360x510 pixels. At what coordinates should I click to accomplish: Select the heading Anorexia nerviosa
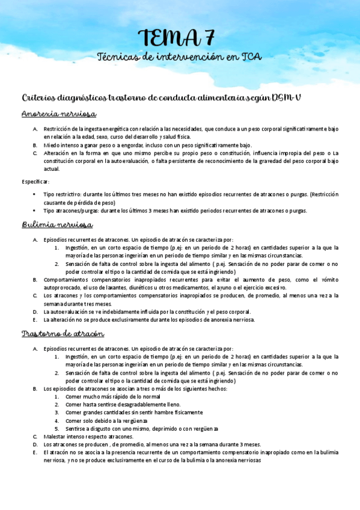coord(59,114)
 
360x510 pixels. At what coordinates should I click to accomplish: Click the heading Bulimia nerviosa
coord(56,225)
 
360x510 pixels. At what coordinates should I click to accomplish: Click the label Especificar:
coord(35,181)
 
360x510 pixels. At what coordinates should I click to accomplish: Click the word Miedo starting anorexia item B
coord(50,145)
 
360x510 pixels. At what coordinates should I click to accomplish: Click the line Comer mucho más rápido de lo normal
coord(113,397)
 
